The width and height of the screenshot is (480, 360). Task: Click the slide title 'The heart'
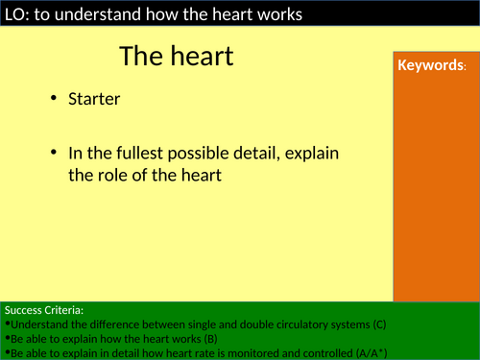pos(177,57)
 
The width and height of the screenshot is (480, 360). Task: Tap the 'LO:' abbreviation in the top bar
pos(16,13)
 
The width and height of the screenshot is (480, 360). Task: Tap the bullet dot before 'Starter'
pos(54,99)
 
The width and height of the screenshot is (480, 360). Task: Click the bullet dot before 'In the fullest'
pos(54,154)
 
